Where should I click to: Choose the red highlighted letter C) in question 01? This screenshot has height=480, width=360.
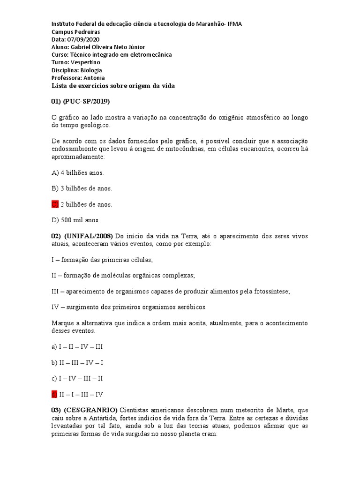(55, 204)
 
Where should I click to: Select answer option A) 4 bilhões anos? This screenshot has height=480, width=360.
(77, 172)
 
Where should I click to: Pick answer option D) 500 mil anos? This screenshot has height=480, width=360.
(75, 220)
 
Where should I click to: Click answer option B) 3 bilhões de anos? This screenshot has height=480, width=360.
(82, 188)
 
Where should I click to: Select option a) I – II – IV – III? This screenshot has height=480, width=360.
(77, 346)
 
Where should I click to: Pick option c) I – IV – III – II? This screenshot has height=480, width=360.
(77, 378)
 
